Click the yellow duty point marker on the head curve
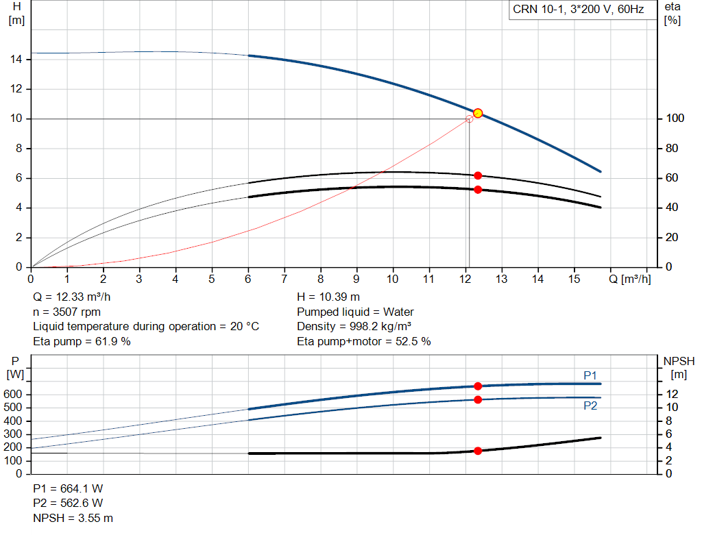tap(478, 113)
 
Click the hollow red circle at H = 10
tap(469, 119)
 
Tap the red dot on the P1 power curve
tap(478, 386)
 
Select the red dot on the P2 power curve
tap(478, 399)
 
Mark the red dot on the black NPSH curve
tap(478, 451)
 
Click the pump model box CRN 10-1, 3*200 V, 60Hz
tap(583, 10)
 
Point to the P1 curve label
tap(590, 376)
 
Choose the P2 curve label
tap(590, 406)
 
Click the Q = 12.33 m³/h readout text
tap(71, 297)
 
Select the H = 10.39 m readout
tap(328, 297)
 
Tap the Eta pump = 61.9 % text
tap(82, 342)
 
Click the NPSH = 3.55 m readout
tap(73, 518)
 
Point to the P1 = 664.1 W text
tap(68, 488)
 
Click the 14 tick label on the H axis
tap(16, 60)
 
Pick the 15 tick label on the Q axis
tap(574, 279)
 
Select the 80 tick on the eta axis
tap(672, 148)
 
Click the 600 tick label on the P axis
tap(12, 395)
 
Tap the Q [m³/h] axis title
tap(630, 279)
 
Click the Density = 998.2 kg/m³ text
tap(354, 327)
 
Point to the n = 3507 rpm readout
tap(66, 312)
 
